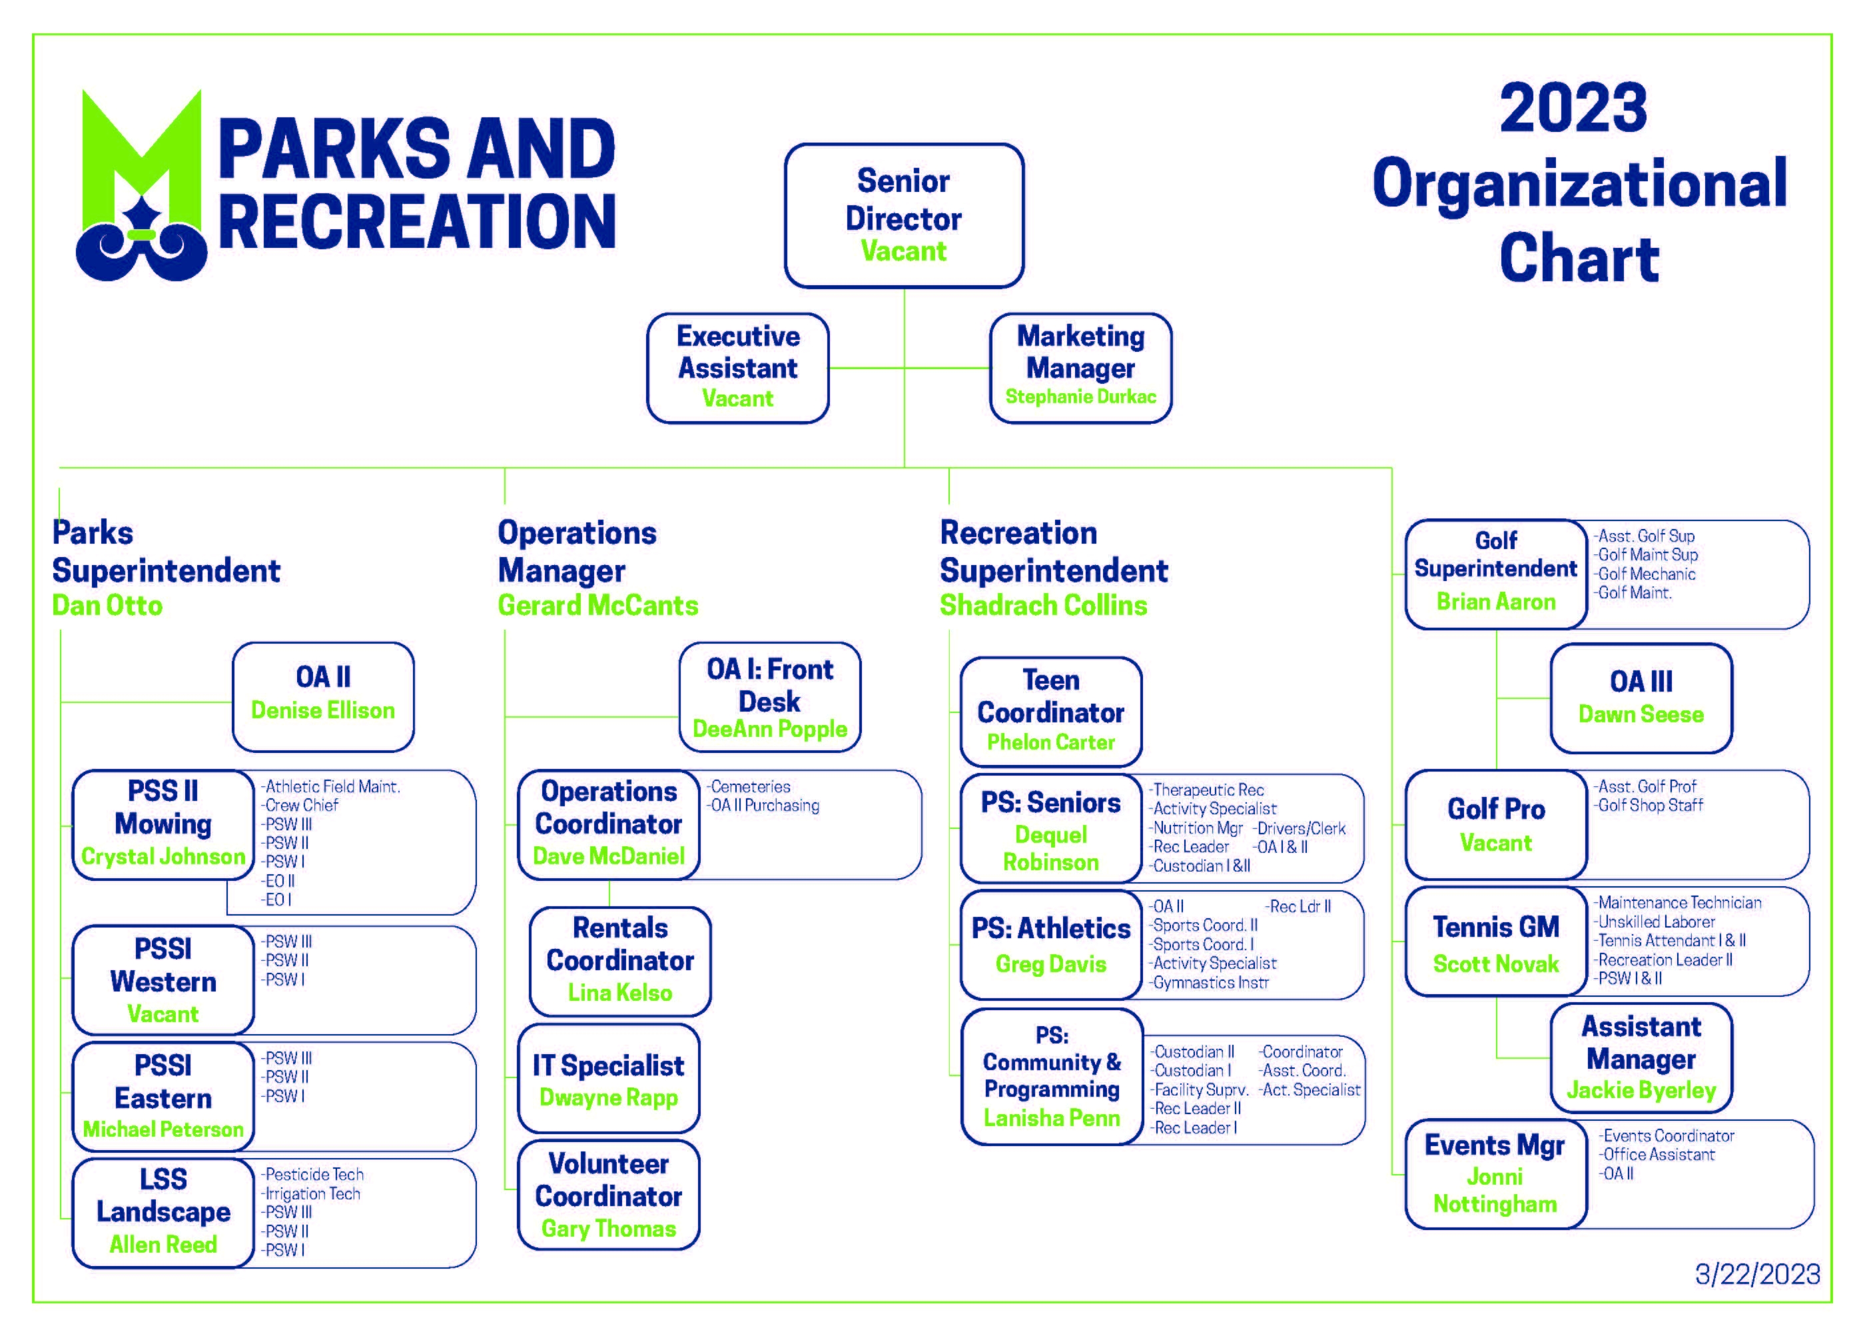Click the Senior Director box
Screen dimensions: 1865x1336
tap(904, 215)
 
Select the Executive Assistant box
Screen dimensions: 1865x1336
tap(737, 368)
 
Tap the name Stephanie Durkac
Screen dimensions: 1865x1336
tap(1080, 396)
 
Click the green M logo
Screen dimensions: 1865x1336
tap(141, 185)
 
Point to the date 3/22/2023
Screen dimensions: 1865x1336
tap(1757, 1274)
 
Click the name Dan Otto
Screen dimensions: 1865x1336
tap(107, 606)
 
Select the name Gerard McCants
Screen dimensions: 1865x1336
tap(598, 606)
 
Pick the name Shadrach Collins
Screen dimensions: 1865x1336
tap(1044, 606)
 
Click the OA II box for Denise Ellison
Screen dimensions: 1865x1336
tap(323, 697)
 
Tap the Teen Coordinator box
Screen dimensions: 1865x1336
tap(1051, 712)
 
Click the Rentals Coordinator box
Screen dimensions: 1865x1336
tap(620, 962)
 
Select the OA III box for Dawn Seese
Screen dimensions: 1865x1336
tap(1641, 698)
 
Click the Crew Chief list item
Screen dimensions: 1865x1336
tap(300, 806)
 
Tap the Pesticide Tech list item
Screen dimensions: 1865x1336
tap(312, 1175)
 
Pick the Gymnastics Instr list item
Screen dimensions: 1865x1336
tap(1209, 983)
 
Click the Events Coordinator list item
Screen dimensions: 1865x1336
tap(1667, 1136)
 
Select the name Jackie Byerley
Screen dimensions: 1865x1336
tap(1641, 1091)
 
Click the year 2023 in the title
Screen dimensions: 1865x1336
tap(1573, 108)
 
